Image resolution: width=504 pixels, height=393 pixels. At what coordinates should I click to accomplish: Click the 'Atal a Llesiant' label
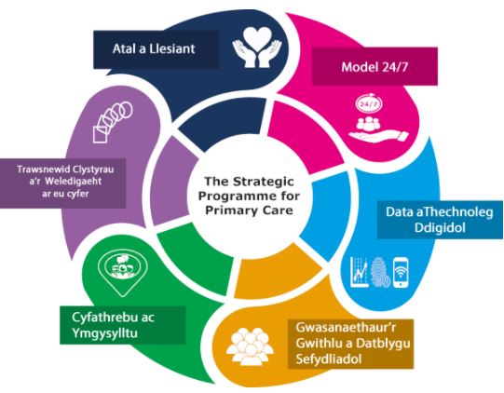[x=154, y=48]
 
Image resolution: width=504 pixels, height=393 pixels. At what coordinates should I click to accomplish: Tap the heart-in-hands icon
[x=257, y=47]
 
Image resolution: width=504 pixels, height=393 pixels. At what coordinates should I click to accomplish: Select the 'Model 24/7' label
[x=375, y=67]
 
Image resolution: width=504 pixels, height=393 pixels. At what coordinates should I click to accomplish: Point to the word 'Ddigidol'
[x=440, y=228]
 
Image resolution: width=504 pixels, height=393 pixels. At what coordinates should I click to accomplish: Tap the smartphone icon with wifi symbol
[x=401, y=273]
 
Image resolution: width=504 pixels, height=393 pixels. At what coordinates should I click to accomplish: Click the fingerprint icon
[x=381, y=273]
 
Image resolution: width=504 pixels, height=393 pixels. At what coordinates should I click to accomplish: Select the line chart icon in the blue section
[x=360, y=272]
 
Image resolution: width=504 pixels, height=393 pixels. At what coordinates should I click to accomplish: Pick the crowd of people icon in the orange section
[x=250, y=346]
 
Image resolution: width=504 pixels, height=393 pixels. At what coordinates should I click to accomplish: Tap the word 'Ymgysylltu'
[x=104, y=332]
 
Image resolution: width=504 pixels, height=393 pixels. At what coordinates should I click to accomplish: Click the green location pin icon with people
[x=123, y=269]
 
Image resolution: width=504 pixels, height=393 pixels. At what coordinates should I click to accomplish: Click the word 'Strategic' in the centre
[x=264, y=182]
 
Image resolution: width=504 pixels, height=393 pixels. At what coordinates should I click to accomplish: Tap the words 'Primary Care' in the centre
[x=249, y=210]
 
